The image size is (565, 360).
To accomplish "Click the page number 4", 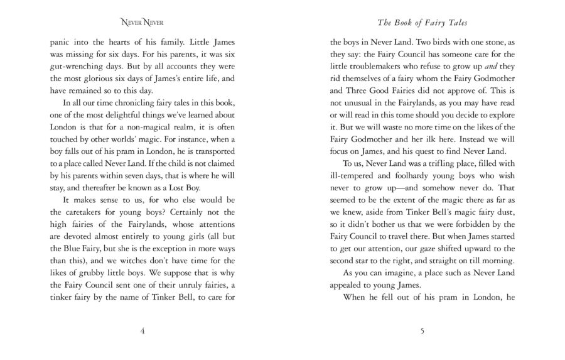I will point(143,330).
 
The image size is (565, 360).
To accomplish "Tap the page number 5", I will point(422,330).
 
